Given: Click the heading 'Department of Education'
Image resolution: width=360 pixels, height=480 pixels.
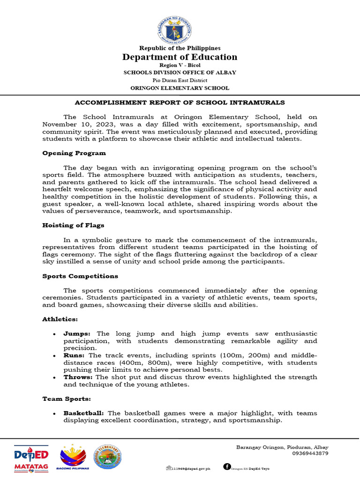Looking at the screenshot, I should [x=180, y=57].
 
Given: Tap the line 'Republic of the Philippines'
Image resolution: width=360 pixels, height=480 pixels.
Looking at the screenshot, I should [x=180, y=48].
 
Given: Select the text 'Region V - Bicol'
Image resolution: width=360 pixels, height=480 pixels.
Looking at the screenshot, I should [x=180, y=66].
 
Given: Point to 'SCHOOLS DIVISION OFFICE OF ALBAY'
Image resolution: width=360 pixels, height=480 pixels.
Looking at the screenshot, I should [x=180, y=73].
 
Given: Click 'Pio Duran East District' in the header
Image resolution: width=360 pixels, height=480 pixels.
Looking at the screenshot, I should [x=180, y=80].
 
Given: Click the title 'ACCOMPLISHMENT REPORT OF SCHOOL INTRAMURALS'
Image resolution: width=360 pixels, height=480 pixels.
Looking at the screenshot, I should [x=180, y=102].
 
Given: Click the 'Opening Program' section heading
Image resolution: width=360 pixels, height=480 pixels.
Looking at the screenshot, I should [x=74, y=153].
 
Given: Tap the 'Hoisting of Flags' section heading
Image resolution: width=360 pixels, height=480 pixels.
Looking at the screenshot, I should [x=73, y=225].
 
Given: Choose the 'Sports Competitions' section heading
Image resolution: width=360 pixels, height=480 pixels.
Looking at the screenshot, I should [x=80, y=276].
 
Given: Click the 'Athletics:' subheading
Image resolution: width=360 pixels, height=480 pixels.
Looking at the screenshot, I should [x=60, y=319].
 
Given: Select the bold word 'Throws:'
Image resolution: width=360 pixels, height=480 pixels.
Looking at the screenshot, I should [x=79, y=377].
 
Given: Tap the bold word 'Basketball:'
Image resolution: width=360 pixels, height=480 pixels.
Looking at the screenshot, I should [x=85, y=413].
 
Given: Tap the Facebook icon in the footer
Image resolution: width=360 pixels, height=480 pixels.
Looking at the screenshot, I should [x=227, y=466].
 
